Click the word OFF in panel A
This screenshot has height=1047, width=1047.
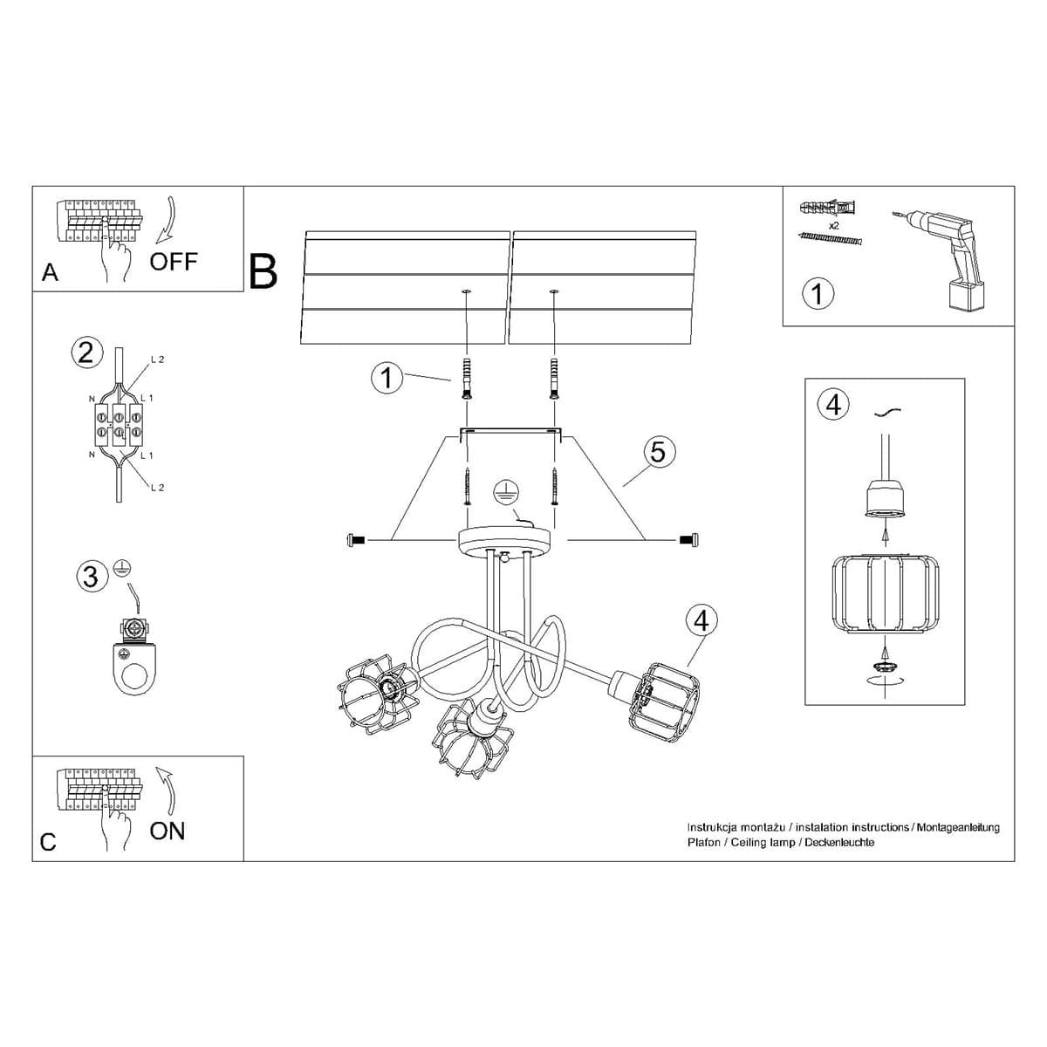[174, 261]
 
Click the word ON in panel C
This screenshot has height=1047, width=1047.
[168, 831]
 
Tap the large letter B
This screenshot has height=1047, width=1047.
[263, 271]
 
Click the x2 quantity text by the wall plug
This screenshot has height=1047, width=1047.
[833, 225]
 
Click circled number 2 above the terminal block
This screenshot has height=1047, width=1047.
[85, 352]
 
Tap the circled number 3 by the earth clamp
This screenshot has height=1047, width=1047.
[91, 577]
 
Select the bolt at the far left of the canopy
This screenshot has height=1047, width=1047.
[356, 542]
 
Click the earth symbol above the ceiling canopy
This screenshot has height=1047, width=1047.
[503, 492]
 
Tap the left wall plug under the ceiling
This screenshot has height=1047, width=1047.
[467, 378]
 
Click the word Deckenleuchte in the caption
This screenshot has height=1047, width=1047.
[839, 843]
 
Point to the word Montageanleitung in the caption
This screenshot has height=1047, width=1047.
[957, 827]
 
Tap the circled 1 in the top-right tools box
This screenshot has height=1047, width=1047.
[817, 293]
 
